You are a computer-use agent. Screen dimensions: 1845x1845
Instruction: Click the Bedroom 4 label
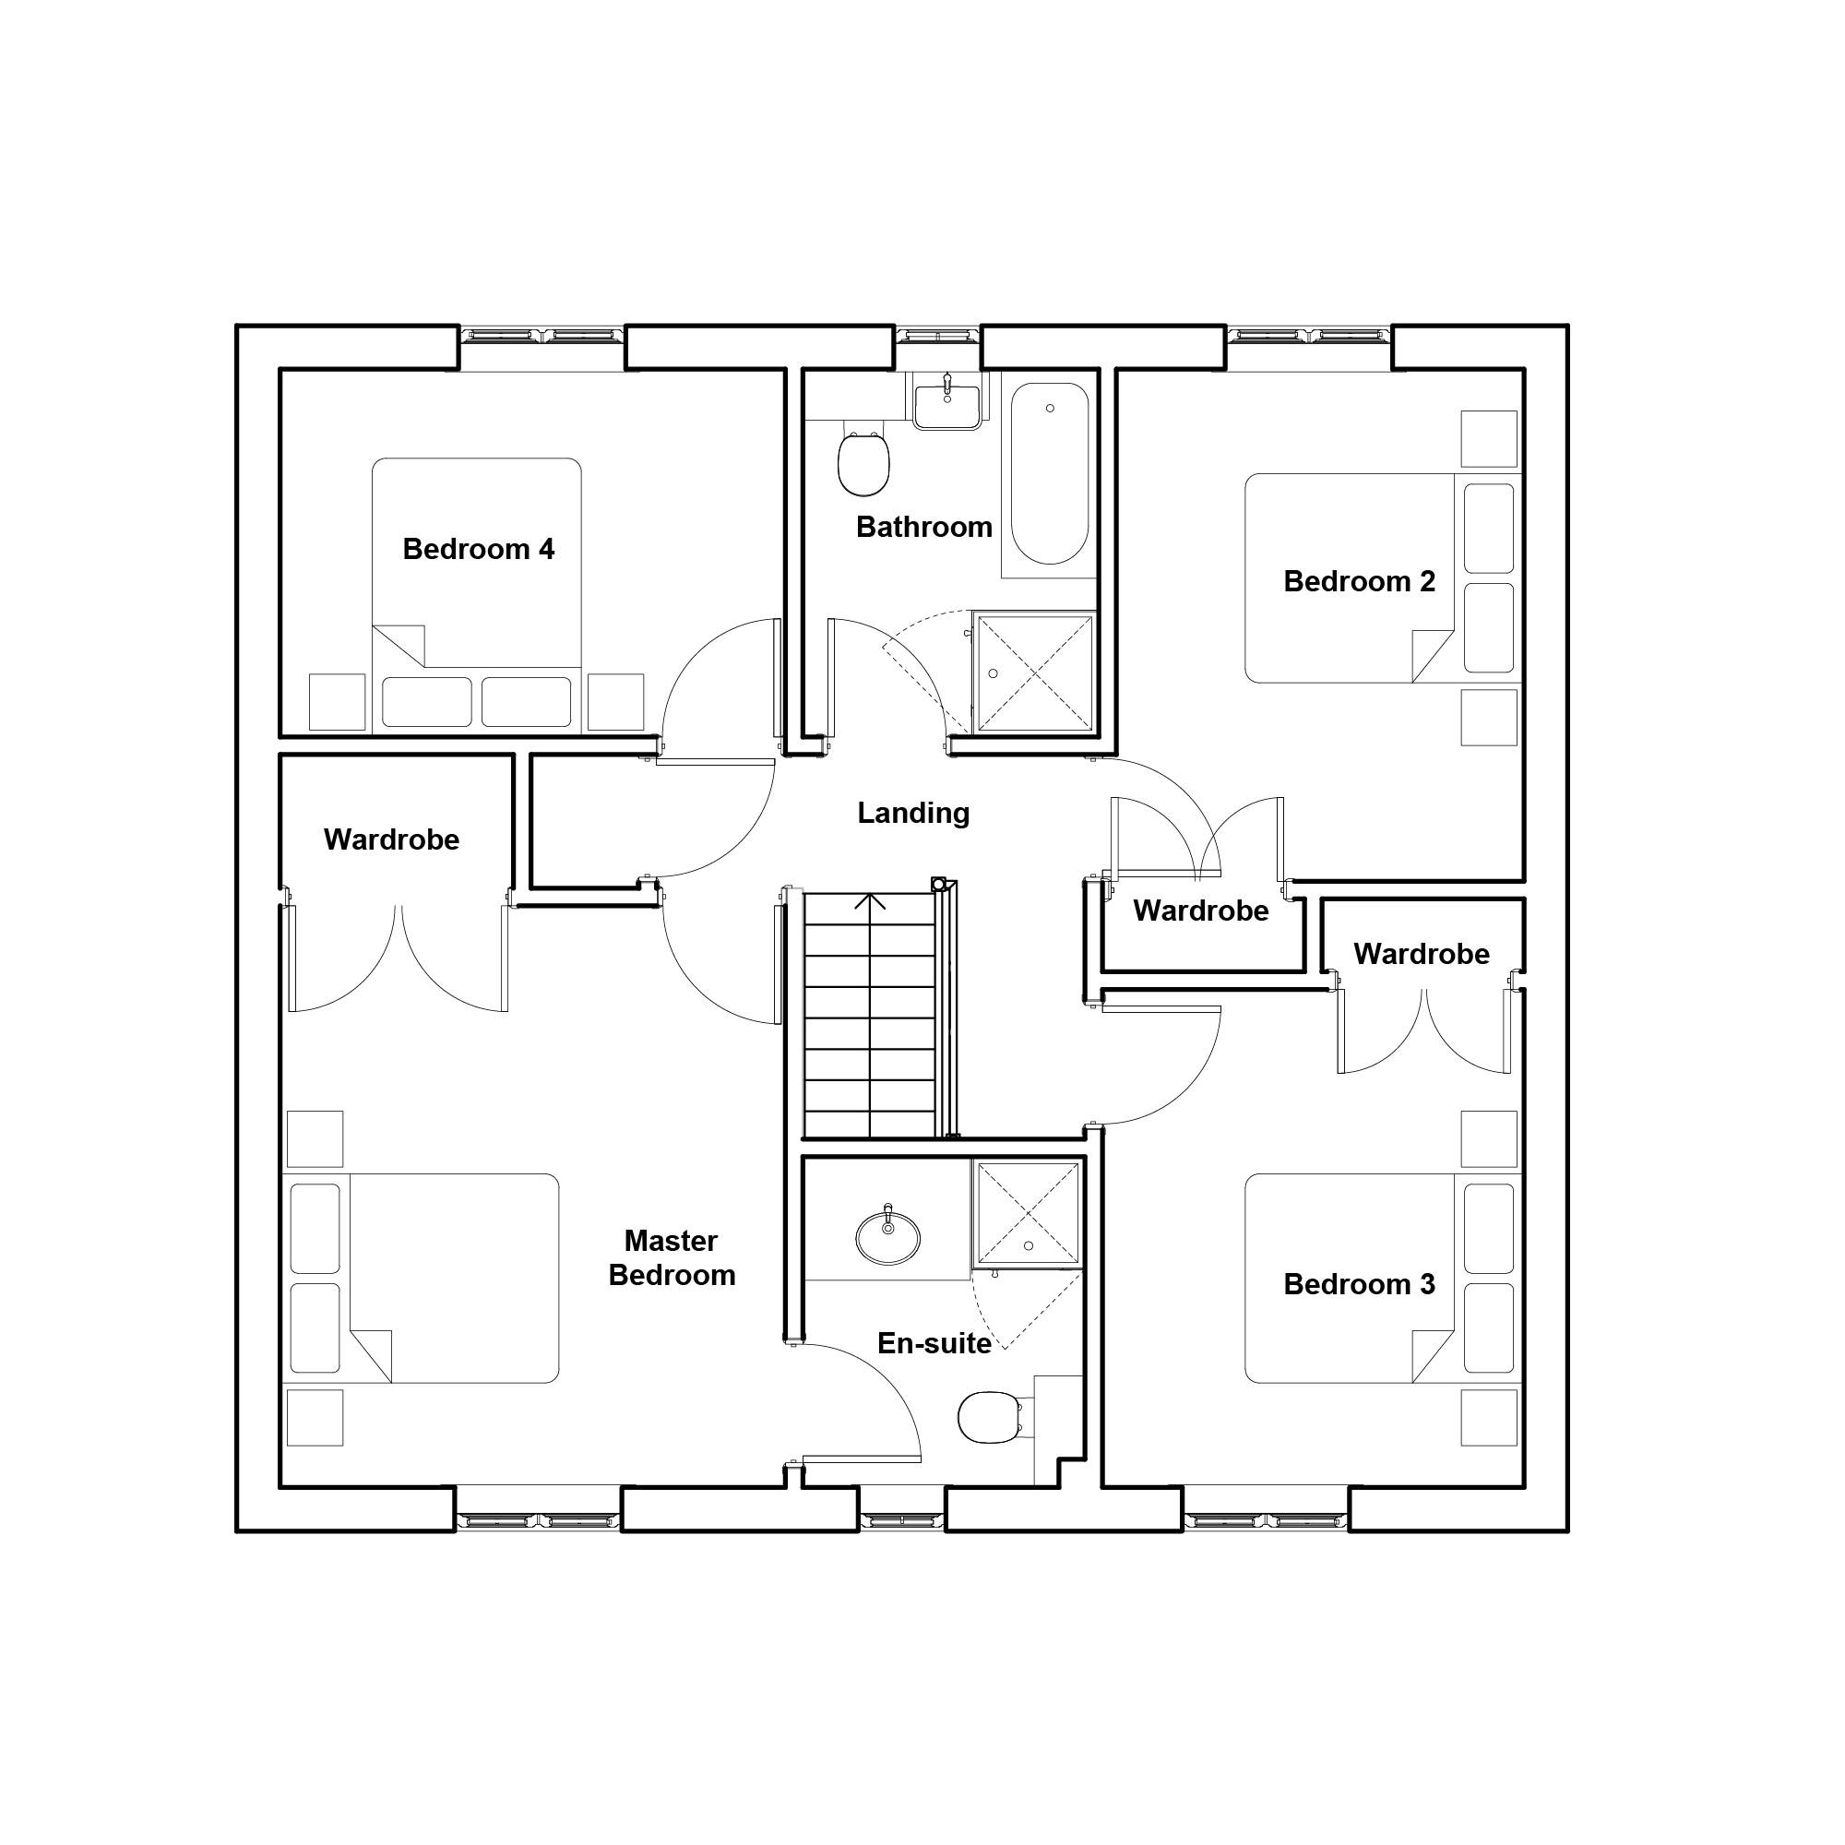[479, 550]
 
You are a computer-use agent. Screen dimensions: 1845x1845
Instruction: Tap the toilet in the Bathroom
[863, 462]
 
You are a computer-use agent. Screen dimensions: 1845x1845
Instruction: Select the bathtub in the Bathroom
[1050, 473]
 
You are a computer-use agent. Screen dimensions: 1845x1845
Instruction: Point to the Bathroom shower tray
[1034, 673]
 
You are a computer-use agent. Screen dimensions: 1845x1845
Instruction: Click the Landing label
[913, 813]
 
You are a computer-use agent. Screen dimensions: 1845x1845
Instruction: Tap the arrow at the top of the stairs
[870, 902]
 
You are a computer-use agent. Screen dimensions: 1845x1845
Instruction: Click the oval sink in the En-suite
[888, 1238]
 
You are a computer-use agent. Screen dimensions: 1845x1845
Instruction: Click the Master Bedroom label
[673, 1257]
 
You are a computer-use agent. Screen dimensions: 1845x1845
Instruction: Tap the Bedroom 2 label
[1359, 581]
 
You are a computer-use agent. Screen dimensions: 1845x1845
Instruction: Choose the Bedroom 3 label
[1359, 1284]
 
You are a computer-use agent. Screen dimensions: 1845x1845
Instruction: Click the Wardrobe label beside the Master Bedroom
[391, 839]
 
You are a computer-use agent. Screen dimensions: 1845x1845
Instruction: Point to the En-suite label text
[934, 1344]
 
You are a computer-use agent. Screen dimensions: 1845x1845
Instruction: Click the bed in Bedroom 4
[477, 596]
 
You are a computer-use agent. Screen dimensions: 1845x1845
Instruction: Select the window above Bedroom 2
[1308, 336]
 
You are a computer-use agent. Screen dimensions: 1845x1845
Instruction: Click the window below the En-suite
[902, 1521]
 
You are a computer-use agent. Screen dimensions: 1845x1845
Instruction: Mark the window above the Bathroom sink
[938, 336]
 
